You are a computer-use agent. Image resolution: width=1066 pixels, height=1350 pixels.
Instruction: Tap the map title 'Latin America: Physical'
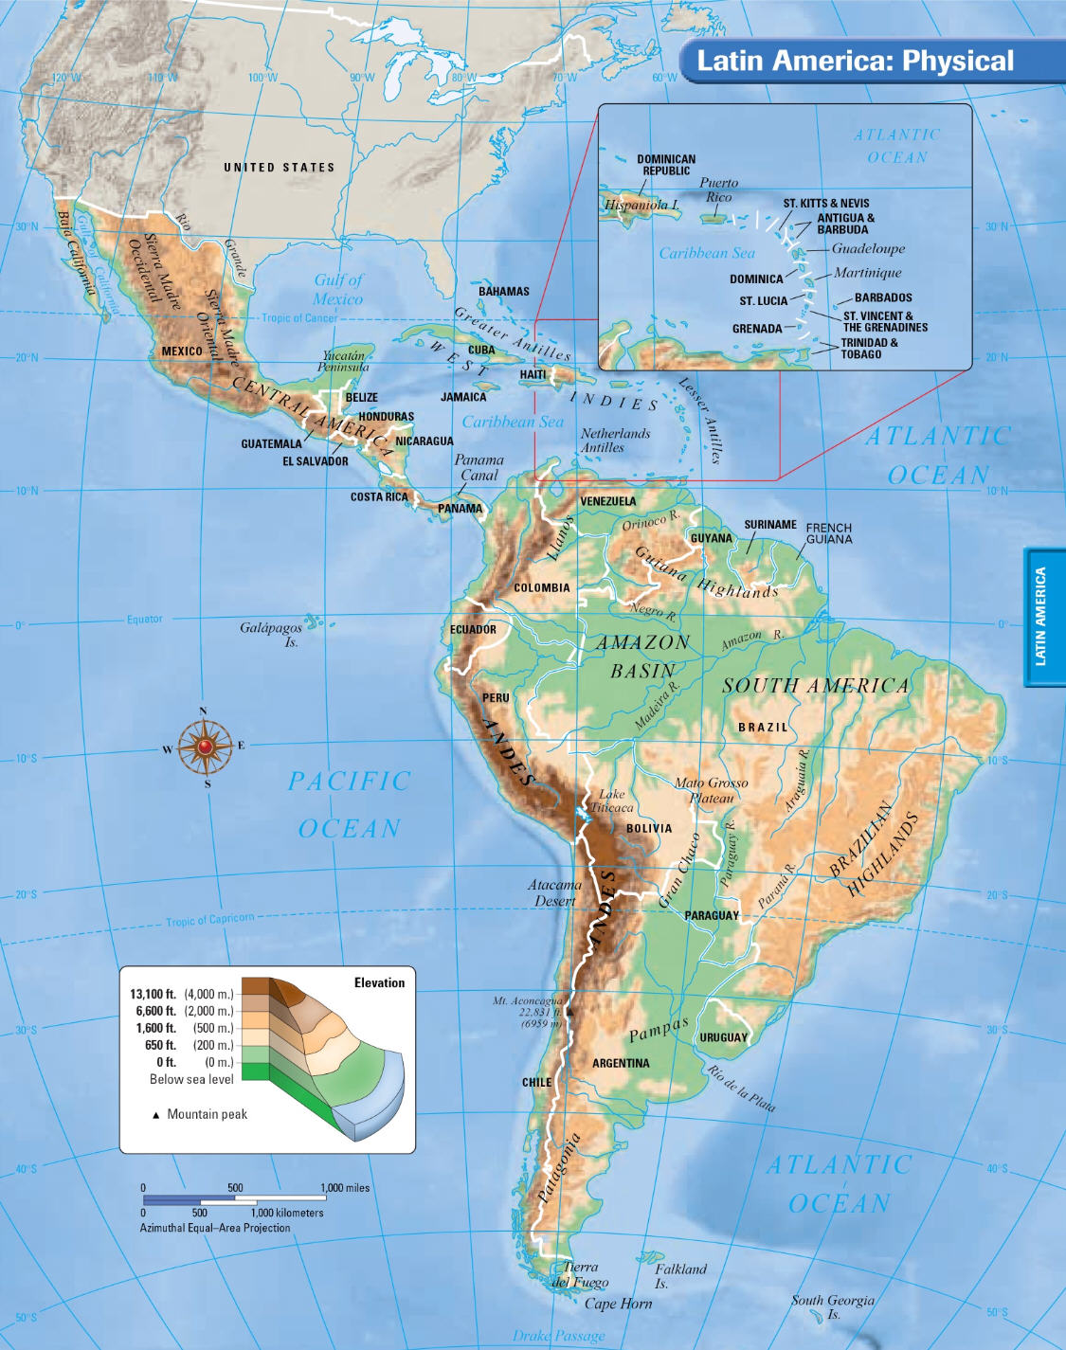point(855,62)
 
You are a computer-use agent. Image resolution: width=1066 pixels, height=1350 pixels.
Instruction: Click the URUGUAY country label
point(723,1037)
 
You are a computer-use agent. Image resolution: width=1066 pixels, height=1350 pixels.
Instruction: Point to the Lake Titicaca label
point(612,801)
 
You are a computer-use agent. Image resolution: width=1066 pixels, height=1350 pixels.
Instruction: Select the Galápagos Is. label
point(272,634)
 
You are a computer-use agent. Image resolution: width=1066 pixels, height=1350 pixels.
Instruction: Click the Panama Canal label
point(479,468)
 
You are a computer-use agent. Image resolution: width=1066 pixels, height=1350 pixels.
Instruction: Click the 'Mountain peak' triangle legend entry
point(200,1114)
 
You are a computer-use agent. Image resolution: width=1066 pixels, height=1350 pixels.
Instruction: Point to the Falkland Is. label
point(679,1276)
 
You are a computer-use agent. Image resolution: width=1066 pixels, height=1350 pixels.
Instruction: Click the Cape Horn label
point(618,1304)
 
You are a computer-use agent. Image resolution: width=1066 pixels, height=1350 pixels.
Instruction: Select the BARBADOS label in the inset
point(882,297)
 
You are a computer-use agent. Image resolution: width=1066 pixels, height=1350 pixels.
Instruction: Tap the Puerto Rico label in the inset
point(718,189)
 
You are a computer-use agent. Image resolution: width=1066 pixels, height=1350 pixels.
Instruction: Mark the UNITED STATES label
point(280,168)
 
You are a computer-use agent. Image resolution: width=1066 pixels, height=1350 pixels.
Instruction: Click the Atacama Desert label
point(554,892)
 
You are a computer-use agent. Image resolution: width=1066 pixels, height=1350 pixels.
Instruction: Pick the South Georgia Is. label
point(832,1306)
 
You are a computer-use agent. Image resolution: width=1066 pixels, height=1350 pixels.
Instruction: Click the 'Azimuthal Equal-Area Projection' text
point(215,1228)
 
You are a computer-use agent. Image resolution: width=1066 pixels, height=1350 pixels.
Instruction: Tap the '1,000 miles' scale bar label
point(345,1188)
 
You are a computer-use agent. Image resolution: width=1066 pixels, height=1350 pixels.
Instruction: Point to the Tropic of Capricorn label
point(210,920)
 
